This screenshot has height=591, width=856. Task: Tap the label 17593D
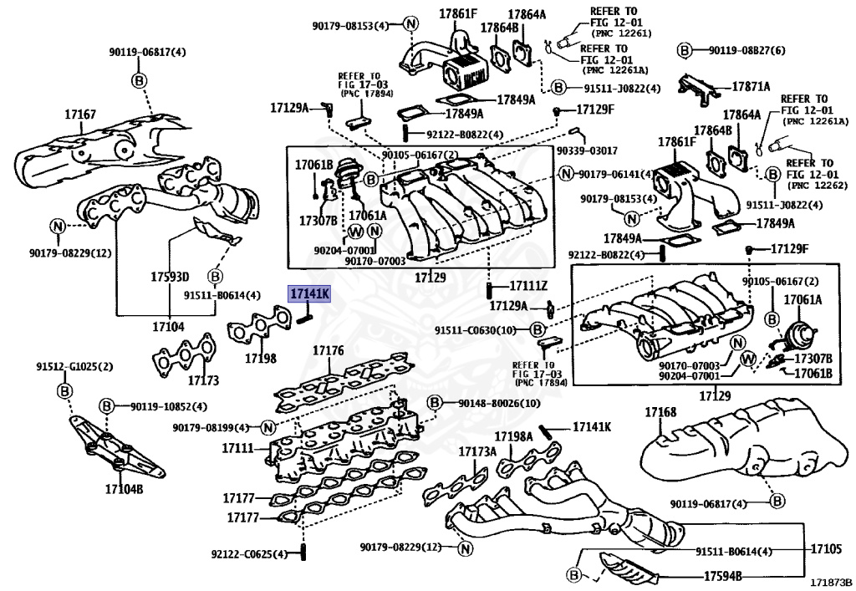(x=171, y=277)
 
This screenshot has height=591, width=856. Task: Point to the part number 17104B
(x=124, y=489)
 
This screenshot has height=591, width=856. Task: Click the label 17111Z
(x=528, y=286)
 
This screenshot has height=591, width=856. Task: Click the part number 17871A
(x=752, y=86)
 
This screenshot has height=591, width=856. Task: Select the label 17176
(x=327, y=351)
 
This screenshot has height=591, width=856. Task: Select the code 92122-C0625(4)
(x=249, y=553)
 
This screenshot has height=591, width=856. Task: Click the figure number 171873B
(x=829, y=582)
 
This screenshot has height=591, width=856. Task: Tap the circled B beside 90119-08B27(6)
(x=683, y=51)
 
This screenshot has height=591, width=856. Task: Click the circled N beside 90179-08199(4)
(x=267, y=428)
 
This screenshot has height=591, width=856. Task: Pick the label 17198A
(x=513, y=436)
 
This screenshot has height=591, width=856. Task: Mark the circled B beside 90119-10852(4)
(x=107, y=406)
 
